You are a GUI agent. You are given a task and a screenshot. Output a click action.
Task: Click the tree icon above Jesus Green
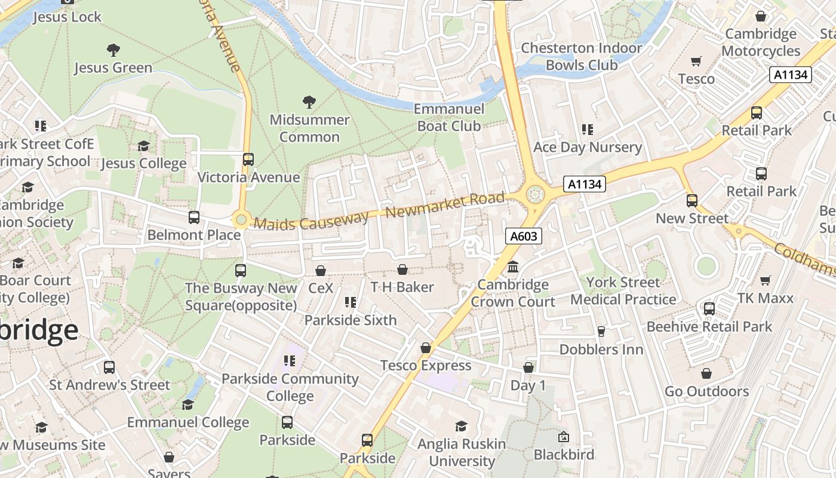pos(113,50)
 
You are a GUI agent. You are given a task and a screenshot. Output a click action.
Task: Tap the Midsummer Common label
pos(309,128)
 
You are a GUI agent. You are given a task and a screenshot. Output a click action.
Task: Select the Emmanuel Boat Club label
pos(448,117)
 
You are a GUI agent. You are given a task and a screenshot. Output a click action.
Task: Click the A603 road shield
pos(524,236)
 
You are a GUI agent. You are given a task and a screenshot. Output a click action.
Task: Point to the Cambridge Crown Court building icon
pos(512,267)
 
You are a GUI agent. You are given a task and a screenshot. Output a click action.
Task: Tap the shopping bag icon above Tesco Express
pos(425,348)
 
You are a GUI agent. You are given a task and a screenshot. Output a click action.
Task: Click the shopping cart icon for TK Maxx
pos(765,280)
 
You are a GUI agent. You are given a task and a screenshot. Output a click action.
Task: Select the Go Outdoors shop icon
pos(706,373)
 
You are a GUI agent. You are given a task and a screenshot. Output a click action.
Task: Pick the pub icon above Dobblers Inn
pos(601,332)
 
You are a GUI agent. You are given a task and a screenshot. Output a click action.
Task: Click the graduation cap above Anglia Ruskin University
pos(461,426)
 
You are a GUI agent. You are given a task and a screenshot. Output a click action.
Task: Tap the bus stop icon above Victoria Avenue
pos(248,160)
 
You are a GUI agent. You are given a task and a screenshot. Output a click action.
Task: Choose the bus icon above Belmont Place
pos(193,217)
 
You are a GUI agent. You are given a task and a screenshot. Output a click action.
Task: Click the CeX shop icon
pos(321,271)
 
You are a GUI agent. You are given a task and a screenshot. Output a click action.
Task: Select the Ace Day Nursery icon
pos(588,130)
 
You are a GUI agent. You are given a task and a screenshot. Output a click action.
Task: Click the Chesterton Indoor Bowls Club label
pos(581,56)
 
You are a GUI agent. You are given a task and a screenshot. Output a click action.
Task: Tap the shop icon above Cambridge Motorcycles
pos(761,16)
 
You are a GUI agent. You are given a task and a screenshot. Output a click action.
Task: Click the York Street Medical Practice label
pos(623,290)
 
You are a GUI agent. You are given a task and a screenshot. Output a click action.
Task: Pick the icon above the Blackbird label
pos(563,437)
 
